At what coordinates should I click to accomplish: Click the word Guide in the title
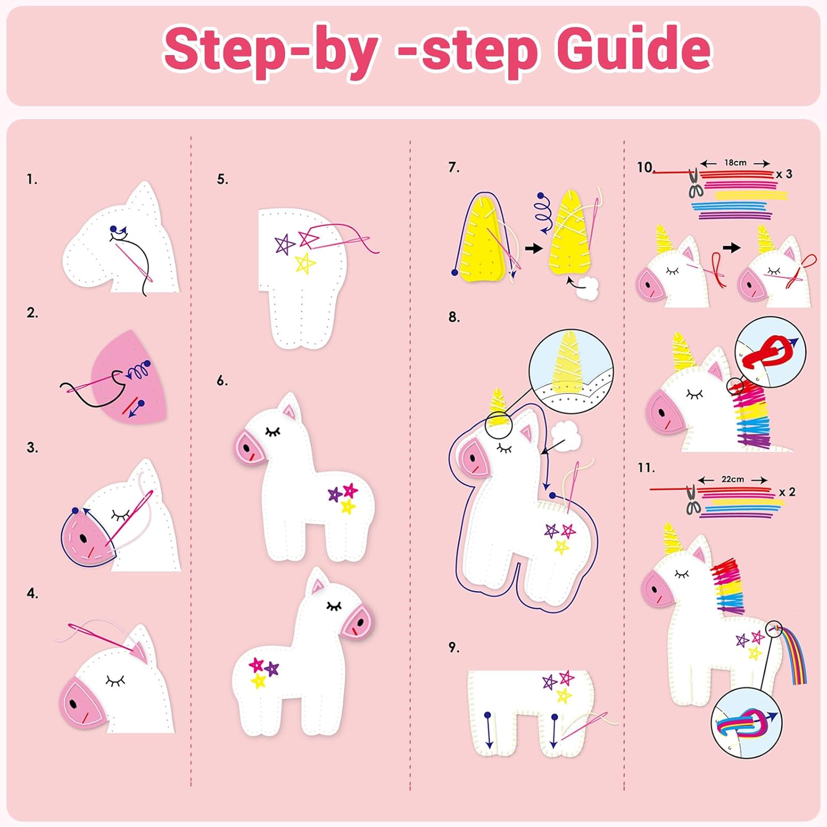pos(634,50)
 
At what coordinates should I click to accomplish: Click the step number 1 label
pos(32,179)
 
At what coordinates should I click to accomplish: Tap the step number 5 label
pos(222,179)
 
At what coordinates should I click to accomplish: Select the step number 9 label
pos(454,647)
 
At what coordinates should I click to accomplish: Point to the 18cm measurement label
pos(735,163)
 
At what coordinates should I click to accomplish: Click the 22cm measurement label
pos(733,479)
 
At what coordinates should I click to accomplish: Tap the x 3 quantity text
pos(784,174)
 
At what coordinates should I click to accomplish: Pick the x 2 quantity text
pos(787,492)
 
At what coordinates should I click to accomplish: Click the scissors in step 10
pos(695,184)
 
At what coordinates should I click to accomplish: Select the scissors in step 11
pos(693,501)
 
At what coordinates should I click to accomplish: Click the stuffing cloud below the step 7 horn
pos(588,288)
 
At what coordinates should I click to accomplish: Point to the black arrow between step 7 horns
pos(533,249)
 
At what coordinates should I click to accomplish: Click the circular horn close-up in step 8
pos(571,370)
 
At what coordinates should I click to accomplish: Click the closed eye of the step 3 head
pos(120,515)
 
